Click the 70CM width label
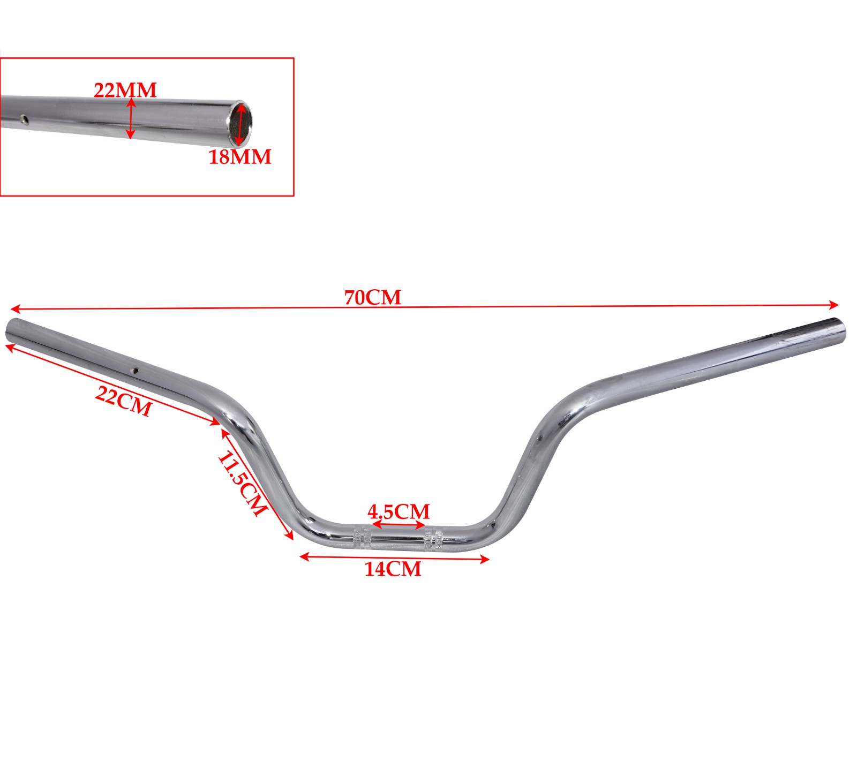tap(372, 297)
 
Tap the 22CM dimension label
tap(124, 401)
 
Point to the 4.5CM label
tap(399, 511)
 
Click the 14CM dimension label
tap(393, 569)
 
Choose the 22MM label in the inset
tap(125, 89)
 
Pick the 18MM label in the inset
tap(240, 157)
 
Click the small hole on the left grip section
tap(136, 370)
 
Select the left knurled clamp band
tap(362, 538)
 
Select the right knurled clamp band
tap(433, 538)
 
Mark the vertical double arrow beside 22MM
tap(131, 118)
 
